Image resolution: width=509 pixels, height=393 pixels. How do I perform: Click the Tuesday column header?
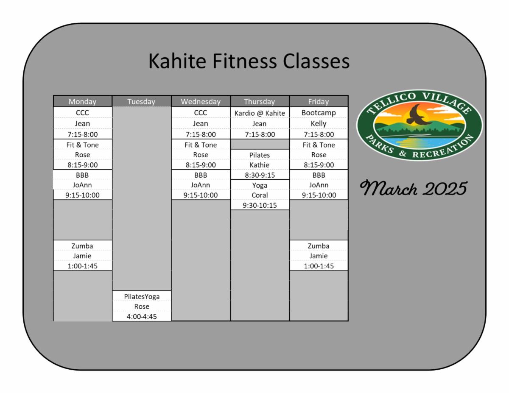(x=141, y=102)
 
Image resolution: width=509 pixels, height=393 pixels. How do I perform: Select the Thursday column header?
(x=259, y=102)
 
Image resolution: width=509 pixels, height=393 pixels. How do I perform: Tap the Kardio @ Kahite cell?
(x=260, y=113)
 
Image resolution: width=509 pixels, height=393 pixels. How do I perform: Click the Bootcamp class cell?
(x=319, y=113)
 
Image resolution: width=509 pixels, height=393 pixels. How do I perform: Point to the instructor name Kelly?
(x=319, y=123)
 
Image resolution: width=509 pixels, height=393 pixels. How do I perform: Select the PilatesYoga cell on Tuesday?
(x=142, y=296)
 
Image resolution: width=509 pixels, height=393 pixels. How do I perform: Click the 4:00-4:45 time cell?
(x=142, y=316)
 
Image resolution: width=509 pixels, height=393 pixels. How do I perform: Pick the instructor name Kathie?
(x=259, y=165)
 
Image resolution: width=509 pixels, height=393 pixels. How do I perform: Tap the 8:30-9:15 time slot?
(x=260, y=175)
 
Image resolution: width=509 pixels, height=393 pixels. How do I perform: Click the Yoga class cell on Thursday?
(x=260, y=185)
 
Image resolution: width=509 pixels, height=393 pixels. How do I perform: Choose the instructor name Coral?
(x=260, y=195)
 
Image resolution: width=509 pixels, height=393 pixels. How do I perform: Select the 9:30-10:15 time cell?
(x=260, y=205)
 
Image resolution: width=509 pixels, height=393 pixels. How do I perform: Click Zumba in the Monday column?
(x=82, y=246)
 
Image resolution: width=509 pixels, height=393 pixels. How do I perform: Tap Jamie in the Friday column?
(x=318, y=256)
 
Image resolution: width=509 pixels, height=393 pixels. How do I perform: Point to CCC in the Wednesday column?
(x=201, y=113)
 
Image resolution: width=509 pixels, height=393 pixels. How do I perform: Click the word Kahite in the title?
(x=177, y=61)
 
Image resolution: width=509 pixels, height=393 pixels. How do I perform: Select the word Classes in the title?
(x=316, y=61)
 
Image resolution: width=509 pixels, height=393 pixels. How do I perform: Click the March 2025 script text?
(x=414, y=188)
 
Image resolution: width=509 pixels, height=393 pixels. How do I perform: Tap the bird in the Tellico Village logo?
(x=417, y=115)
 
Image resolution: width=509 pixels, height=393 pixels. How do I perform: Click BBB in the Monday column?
(x=82, y=175)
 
